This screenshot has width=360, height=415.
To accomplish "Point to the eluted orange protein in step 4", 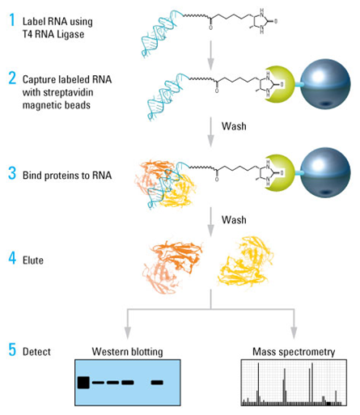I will pyautogui.click(x=167, y=264).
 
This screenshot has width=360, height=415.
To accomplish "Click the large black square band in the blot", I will pyautogui.click(x=83, y=382).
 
